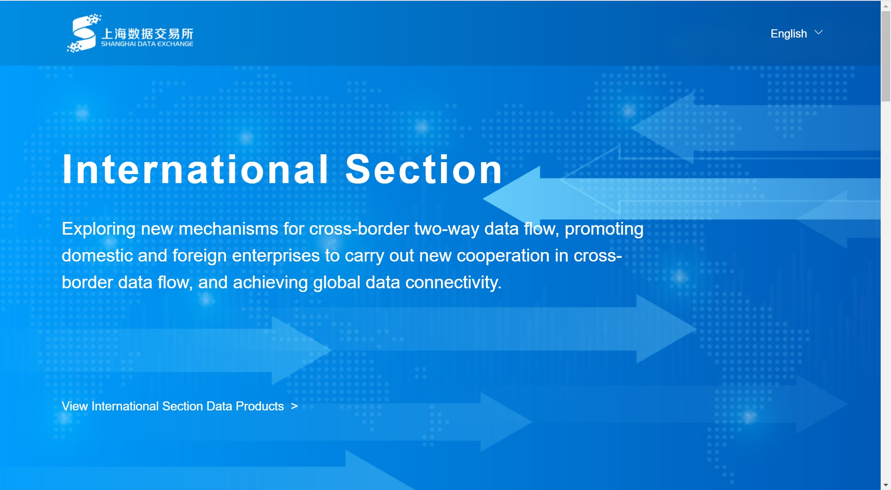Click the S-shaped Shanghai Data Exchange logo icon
(84, 33)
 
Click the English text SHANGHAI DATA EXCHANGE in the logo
(147, 44)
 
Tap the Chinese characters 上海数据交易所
(147, 33)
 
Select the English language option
(789, 33)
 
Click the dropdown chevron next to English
(819, 33)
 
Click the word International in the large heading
(196, 169)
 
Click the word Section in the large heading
(424, 169)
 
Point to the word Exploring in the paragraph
(99, 229)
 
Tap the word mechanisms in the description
(228, 229)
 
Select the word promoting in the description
(604, 229)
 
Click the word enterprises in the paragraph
(276, 256)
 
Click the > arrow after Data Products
(294, 406)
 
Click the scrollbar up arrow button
(886, 6)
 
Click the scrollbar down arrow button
(886, 485)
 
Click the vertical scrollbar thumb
(886, 56)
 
